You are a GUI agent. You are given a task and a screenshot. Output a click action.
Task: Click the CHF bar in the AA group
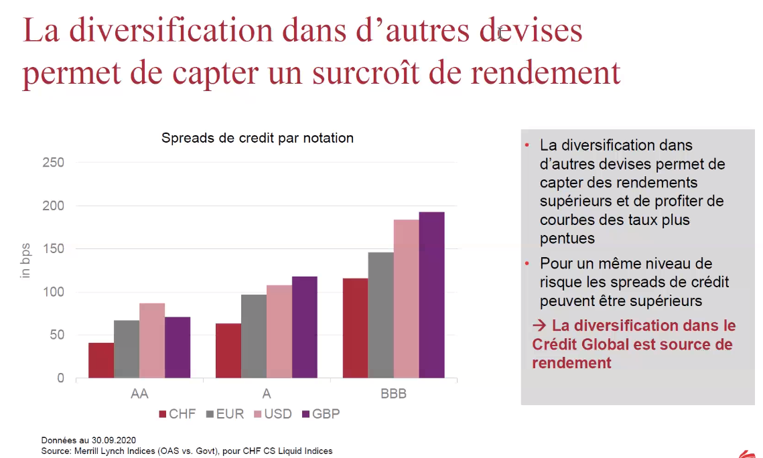(x=101, y=360)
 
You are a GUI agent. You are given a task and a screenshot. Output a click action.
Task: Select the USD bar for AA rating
(x=152, y=341)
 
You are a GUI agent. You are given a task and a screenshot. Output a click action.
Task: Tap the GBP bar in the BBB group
(x=431, y=295)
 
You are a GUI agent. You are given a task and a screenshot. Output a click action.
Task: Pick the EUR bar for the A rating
(x=254, y=336)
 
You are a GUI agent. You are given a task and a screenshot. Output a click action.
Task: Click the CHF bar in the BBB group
(x=355, y=328)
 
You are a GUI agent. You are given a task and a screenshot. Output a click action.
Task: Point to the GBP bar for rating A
(x=305, y=327)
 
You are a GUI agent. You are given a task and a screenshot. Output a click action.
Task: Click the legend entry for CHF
(x=178, y=414)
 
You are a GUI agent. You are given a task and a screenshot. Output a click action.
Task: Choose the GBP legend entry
(x=321, y=414)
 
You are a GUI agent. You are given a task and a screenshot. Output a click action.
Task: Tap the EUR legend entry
(x=224, y=414)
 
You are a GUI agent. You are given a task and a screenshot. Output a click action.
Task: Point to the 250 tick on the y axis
(x=53, y=163)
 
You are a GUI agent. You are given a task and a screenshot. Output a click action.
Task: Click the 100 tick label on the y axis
(x=53, y=292)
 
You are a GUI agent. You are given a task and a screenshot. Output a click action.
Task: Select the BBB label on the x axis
(x=393, y=394)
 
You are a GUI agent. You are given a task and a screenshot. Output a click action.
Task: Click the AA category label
(x=139, y=394)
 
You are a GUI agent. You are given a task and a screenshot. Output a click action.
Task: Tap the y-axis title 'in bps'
(x=26, y=261)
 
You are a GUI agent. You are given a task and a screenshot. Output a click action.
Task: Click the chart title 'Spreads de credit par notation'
(x=257, y=138)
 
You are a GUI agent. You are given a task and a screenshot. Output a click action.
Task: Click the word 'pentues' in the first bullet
(x=567, y=238)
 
